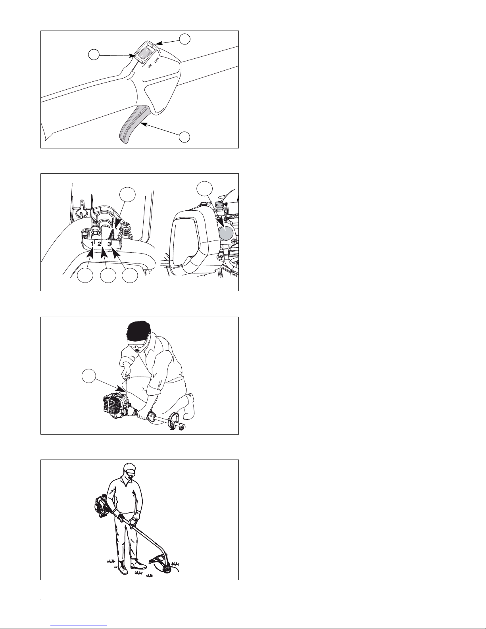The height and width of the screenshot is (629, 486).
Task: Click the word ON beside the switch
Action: click(x=150, y=66)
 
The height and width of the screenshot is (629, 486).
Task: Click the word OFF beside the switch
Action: click(x=156, y=61)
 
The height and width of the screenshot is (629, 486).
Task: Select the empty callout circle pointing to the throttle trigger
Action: click(x=184, y=137)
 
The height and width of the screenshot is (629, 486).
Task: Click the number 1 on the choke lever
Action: click(x=92, y=244)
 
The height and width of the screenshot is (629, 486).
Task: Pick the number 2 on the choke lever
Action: click(x=99, y=244)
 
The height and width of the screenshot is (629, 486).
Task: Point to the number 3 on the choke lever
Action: click(x=109, y=244)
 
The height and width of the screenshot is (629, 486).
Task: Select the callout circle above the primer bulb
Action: click(x=205, y=189)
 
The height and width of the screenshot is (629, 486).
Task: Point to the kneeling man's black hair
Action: click(x=138, y=331)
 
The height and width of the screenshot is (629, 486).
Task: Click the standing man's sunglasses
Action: click(x=130, y=474)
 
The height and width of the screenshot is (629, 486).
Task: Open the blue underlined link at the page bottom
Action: click(x=79, y=625)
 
